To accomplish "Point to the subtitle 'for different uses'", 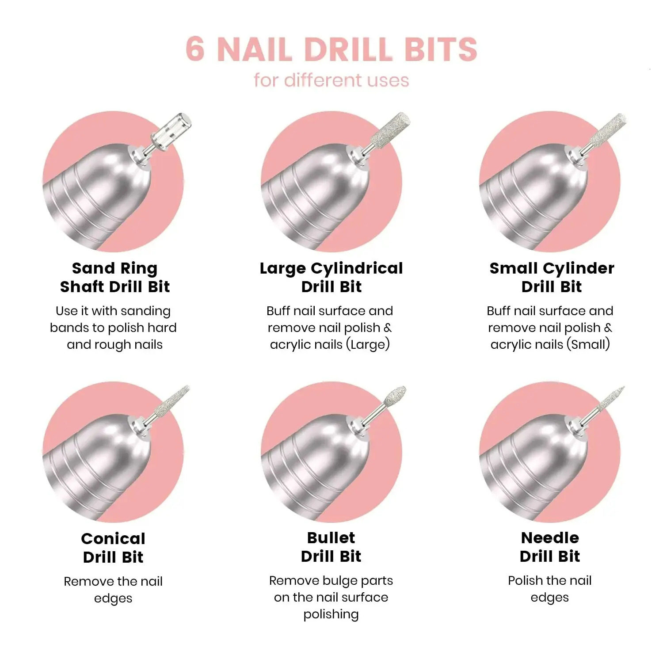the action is click(331, 80).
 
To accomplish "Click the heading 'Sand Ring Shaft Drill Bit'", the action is click(115, 277).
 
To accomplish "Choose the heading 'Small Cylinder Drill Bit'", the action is click(552, 277).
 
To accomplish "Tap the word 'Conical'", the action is click(113, 538).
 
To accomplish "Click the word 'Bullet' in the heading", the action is click(331, 537).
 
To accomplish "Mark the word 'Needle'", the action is click(550, 537).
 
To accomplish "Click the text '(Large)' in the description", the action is click(368, 344).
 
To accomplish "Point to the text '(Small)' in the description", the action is click(588, 344).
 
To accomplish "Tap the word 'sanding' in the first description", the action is click(145, 312).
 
